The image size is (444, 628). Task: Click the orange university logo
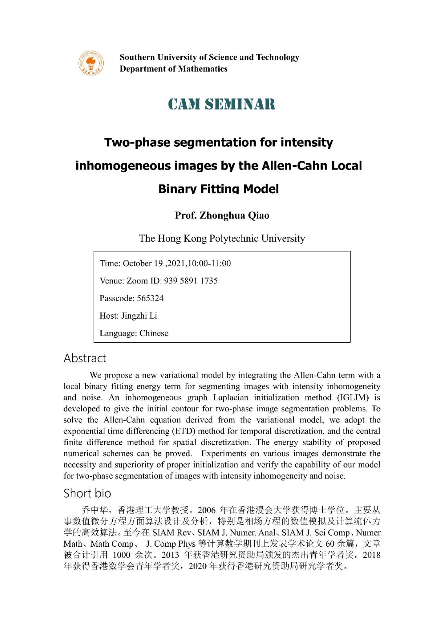pyautogui.click(x=91, y=63)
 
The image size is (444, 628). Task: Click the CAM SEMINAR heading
pyautogui.click(x=222, y=104)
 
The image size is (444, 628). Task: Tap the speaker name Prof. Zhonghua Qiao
pyautogui.click(x=222, y=215)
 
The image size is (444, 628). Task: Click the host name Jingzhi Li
pyautogui.click(x=139, y=316)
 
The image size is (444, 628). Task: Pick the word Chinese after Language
pyautogui.click(x=154, y=333)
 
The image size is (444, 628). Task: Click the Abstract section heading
pyautogui.click(x=85, y=358)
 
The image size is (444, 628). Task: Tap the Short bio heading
pyautogui.click(x=87, y=493)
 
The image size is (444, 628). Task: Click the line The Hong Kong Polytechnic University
pyautogui.click(x=222, y=239)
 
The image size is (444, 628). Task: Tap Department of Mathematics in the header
pyautogui.click(x=174, y=69)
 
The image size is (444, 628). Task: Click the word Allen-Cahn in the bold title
pyautogui.click(x=296, y=166)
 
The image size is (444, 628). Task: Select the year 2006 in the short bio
pyautogui.click(x=206, y=510)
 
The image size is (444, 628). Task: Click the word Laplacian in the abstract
pyautogui.click(x=230, y=398)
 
